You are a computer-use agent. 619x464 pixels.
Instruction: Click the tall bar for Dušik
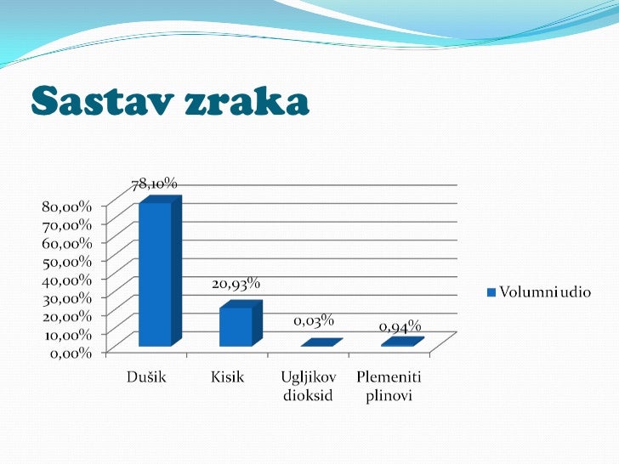[x=155, y=274]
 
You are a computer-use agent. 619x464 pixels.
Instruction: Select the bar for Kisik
[x=236, y=326]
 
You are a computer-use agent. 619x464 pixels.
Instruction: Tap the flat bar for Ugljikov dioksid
[x=321, y=343]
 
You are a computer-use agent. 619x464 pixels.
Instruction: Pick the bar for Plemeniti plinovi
[x=401, y=342]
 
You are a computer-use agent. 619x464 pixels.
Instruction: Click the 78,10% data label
[x=153, y=183]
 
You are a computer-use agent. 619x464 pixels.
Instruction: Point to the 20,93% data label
[x=236, y=284]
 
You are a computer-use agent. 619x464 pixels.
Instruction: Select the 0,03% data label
[x=314, y=321]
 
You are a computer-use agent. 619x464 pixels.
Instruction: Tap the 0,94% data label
[x=400, y=326]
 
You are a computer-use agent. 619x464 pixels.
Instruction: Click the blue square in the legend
[x=491, y=292]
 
